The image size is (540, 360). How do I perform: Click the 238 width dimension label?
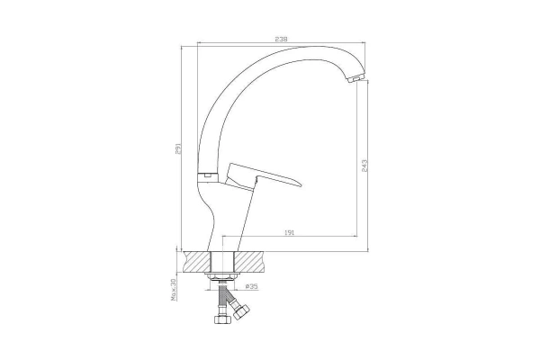pyautogui.click(x=281, y=40)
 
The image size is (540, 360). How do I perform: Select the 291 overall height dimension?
pyautogui.click(x=178, y=148)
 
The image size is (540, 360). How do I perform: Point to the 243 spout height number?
pyautogui.click(x=364, y=166)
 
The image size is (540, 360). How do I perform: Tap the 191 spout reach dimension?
pyautogui.click(x=289, y=232)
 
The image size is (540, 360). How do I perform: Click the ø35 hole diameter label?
pyautogui.click(x=252, y=286)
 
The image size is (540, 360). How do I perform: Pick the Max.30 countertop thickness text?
pyautogui.click(x=173, y=290)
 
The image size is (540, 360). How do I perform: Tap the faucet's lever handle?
pyautogui.click(x=263, y=176)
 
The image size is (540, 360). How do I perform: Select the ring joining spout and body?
pyautogui.click(x=207, y=176)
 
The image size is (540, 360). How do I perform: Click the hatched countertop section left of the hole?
pyautogui.click(x=197, y=262)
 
